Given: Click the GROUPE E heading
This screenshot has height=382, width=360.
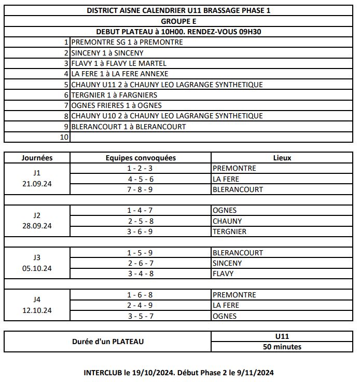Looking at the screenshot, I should [x=179, y=21].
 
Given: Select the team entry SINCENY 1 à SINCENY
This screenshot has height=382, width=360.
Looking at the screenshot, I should [x=107, y=53].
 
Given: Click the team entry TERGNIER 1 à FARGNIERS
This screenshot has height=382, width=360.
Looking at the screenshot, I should [x=114, y=95].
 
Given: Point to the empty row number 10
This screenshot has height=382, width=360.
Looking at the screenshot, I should [x=64, y=137].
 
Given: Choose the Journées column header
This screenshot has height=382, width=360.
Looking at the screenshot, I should [x=37, y=158].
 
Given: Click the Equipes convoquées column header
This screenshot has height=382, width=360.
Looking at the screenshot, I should [x=141, y=158].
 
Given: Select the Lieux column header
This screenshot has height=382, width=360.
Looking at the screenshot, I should [x=282, y=158].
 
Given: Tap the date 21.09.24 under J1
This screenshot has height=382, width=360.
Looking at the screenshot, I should [x=37, y=184].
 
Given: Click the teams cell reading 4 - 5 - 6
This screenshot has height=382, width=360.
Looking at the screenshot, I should [x=141, y=179].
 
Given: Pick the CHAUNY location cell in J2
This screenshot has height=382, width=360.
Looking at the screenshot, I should [x=227, y=221].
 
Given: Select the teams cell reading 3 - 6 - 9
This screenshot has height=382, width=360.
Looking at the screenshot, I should [x=141, y=231].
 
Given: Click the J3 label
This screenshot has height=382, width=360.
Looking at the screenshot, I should [x=37, y=257].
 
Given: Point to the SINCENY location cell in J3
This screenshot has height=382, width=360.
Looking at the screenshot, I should [x=227, y=263].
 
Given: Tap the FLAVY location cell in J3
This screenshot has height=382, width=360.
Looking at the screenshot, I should [x=223, y=274].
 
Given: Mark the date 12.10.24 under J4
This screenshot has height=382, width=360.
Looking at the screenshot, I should [x=37, y=310].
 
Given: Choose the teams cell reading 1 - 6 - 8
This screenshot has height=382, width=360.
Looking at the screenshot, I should [x=141, y=295].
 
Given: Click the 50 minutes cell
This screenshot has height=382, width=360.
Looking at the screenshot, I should [x=282, y=347].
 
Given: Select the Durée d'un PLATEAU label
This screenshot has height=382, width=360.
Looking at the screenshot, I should [x=108, y=342].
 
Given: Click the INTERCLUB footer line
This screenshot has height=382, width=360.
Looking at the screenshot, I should [x=178, y=372].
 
